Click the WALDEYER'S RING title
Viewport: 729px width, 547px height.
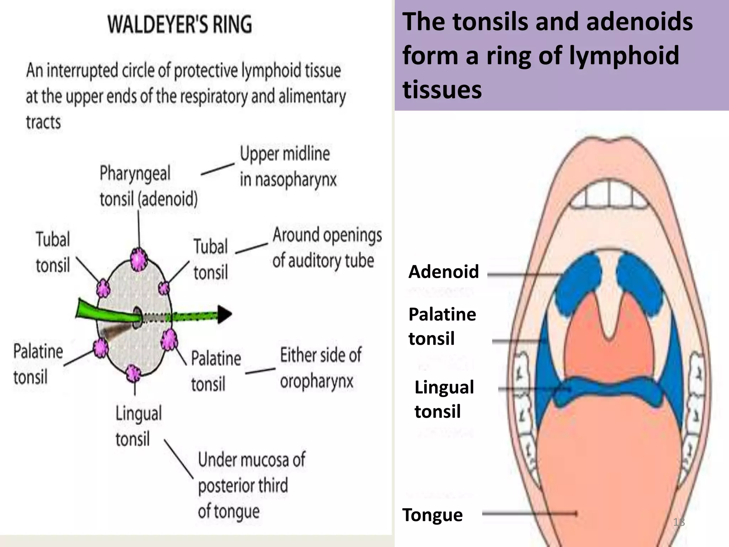coord(180,24)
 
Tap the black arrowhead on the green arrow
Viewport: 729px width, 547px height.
coord(224,314)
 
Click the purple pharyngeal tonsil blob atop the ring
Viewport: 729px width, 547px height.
coord(138,259)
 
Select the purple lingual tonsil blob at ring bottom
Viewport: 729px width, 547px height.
coord(134,374)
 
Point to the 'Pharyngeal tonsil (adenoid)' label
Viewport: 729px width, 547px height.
coord(148,186)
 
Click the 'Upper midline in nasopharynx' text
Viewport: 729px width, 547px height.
coord(288,167)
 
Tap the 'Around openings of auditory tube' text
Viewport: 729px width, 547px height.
coord(326,248)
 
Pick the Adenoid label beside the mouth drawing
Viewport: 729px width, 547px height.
coord(443,272)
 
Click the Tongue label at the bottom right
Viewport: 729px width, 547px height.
coord(432,515)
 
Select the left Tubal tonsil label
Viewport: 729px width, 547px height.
coord(53,252)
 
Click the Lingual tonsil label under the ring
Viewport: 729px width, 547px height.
coord(138,426)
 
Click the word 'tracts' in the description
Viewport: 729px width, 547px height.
coord(43,122)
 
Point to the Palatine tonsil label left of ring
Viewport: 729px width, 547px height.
coord(38,364)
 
